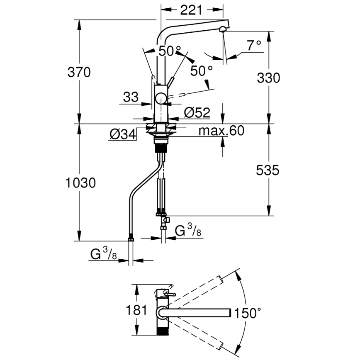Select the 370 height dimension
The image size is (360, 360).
point(79,72)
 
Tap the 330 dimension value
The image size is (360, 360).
point(268,78)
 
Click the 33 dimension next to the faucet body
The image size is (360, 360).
point(131,97)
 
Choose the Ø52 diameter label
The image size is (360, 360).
point(197,112)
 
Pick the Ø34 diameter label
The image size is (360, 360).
point(122,134)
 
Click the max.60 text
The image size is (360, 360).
point(221,131)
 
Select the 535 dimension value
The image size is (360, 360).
point(268,170)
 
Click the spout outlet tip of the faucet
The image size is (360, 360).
point(223,29)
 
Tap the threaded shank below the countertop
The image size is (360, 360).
point(161,147)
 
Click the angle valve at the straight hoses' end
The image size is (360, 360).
point(165,220)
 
